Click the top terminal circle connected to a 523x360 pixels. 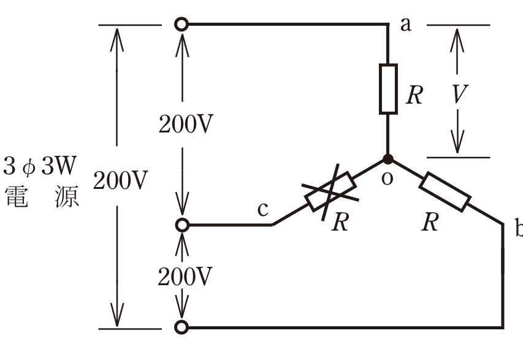[181, 25]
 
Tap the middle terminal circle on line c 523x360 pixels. [182, 225]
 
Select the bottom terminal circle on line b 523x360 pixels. [181, 327]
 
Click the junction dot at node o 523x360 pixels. [387, 159]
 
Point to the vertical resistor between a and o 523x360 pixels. [388, 89]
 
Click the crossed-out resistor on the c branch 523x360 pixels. [330, 192]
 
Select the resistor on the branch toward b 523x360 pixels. [445, 192]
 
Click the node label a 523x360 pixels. [406, 25]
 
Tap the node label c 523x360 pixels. [263, 210]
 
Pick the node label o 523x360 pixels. [387, 179]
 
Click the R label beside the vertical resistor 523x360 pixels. [414, 95]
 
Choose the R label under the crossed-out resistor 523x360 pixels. [340, 221]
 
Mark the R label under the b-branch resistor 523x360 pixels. [430, 222]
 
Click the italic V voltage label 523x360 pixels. [460, 94]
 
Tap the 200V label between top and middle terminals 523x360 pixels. [186, 124]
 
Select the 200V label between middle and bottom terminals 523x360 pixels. [185, 277]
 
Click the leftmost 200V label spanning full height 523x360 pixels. [120, 180]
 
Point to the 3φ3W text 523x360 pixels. [40, 166]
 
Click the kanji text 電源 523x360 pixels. [42, 196]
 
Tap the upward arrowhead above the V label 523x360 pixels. [457, 40]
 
